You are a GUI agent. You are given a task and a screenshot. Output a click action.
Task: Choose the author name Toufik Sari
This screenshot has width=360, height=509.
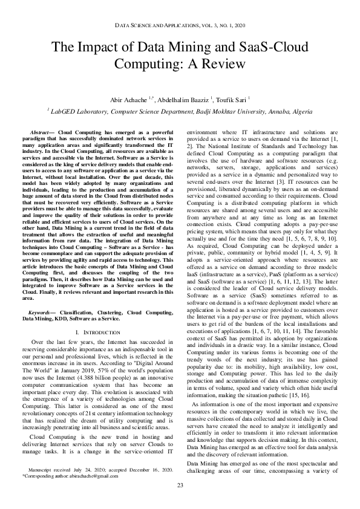pyautogui.click(x=234, y=99)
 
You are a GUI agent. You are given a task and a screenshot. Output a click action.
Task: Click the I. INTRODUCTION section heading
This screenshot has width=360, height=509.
pyautogui.click(x=100, y=332)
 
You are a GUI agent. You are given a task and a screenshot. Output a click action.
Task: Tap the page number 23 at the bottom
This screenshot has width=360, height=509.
pyautogui.click(x=180, y=485)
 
